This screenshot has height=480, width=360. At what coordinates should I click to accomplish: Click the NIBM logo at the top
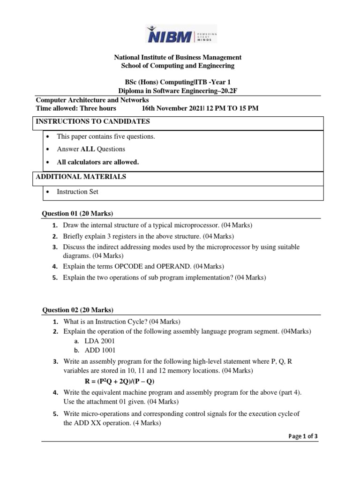[181, 34]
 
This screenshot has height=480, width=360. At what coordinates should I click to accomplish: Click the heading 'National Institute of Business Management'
[178, 57]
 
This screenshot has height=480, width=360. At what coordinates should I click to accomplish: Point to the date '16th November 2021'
[171, 109]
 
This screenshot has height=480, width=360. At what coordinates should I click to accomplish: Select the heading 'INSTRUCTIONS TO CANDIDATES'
[93, 121]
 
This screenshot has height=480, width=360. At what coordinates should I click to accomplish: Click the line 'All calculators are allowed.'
[97, 162]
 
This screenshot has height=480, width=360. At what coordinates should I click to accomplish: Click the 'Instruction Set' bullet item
[79, 192]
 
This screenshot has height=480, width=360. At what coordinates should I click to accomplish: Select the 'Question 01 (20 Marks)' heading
[78, 214]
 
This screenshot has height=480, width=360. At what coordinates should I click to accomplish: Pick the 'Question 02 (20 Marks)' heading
[78, 310]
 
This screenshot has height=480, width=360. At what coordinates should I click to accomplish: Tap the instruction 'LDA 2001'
[100, 341]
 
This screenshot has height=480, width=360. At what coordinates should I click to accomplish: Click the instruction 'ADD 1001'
[100, 350]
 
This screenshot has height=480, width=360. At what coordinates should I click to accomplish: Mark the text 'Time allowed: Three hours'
[76, 109]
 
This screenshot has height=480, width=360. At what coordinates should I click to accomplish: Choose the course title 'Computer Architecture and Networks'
[92, 100]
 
